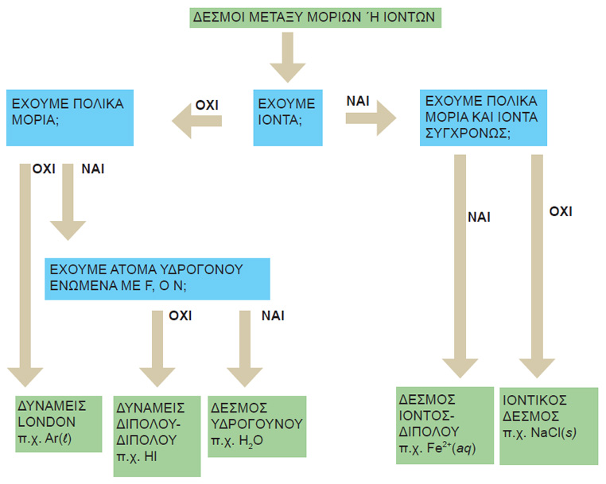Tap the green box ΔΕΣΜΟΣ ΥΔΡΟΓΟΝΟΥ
(257, 424)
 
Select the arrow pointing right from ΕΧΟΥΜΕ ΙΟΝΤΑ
(371, 118)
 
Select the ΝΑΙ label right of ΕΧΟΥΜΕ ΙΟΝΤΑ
(356, 101)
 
